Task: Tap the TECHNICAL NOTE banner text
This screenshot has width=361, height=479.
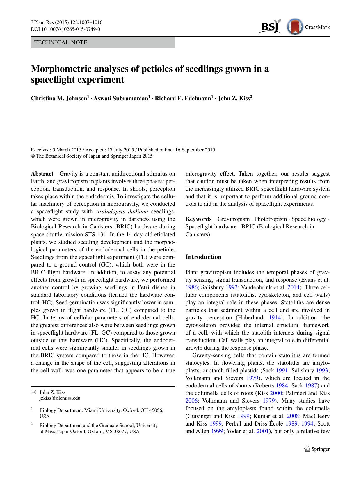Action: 61,42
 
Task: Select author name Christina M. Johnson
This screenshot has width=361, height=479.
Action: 59,99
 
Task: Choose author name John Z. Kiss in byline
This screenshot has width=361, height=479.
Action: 234,99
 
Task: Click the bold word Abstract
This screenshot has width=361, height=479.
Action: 42,174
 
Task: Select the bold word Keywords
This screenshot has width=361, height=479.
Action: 198,219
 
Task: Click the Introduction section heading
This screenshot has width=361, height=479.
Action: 203,257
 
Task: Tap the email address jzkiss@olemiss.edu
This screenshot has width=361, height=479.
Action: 60,398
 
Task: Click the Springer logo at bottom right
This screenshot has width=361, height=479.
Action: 317,449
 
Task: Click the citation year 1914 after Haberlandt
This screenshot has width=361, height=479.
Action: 275,318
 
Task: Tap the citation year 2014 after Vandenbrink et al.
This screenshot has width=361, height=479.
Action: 293,287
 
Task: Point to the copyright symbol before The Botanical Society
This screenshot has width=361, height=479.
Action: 33,156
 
